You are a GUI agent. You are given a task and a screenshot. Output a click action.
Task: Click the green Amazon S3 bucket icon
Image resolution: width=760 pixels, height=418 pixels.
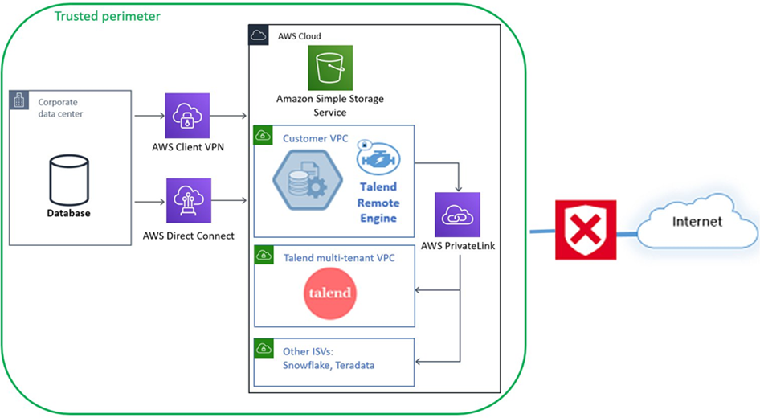click(x=330, y=68)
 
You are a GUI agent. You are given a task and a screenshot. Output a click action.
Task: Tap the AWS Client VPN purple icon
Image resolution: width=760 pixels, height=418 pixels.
click(x=186, y=116)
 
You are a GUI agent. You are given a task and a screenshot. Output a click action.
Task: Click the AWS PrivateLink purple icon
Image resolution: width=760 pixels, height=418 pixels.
click(x=457, y=215)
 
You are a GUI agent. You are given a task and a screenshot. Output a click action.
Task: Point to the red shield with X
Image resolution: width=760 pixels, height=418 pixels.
click(x=586, y=230)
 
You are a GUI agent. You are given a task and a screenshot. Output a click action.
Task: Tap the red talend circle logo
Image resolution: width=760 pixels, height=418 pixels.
click(x=330, y=292)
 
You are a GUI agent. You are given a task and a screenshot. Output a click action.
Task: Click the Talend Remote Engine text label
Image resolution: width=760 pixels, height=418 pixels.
click(x=378, y=203)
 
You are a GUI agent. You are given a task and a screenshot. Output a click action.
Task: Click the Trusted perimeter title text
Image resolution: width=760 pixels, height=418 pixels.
click(x=107, y=16)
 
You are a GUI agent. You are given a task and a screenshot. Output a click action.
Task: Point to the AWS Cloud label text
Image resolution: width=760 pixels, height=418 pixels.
click(x=299, y=36)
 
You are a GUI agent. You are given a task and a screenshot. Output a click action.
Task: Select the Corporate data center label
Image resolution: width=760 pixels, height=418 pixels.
click(x=60, y=108)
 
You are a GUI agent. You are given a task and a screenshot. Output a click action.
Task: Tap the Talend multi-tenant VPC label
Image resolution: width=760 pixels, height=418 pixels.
click(x=338, y=258)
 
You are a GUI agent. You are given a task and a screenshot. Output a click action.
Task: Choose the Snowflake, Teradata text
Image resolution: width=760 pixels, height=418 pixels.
click(x=328, y=365)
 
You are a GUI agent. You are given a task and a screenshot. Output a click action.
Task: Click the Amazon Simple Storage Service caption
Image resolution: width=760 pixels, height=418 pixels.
click(x=330, y=105)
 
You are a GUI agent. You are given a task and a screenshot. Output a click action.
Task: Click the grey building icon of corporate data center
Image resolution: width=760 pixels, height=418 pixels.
click(x=20, y=101)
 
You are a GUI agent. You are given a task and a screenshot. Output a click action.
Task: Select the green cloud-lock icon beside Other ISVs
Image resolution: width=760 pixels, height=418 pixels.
click(x=263, y=350)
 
